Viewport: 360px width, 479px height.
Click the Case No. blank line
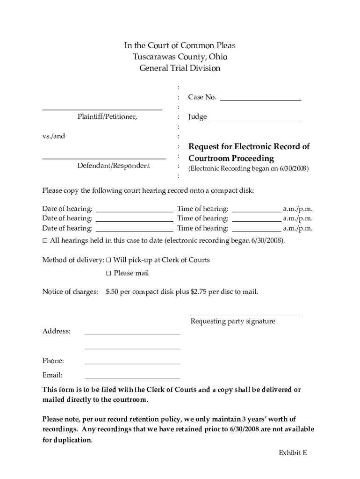pyautogui.click(x=260, y=100)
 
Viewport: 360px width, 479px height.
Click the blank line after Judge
pyautogui.click(x=254, y=120)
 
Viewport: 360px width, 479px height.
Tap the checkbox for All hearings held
pyautogui.click(x=45, y=241)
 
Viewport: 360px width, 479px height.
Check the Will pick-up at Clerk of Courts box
pyautogui.click(x=109, y=260)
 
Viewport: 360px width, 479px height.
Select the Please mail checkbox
pyautogui.click(x=109, y=273)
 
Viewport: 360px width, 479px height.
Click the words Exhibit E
pyautogui.click(x=293, y=452)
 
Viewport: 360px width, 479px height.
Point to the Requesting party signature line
pyautogui.click(x=245, y=315)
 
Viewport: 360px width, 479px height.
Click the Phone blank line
pyautogui.click(x=132, y=363)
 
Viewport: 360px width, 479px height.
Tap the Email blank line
pyautogui.click(x=132, y=378)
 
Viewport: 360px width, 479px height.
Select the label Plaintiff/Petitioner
pyautogui.click(x=107, y=116)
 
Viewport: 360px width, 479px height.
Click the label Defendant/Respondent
pyautogui.click(x=114, y=166)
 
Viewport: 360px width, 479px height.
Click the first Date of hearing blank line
pyautogui.click(x=134, y=211)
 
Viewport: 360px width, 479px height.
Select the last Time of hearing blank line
pyautogui.click(x=257, y=231)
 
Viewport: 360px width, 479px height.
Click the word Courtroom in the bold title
pyautogui.click(x=209, y=159)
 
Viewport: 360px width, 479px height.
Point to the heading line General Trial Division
pyautogui.click(x=180, y=68)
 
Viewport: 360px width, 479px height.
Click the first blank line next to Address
pyautogui.click(x=132, y=334)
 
